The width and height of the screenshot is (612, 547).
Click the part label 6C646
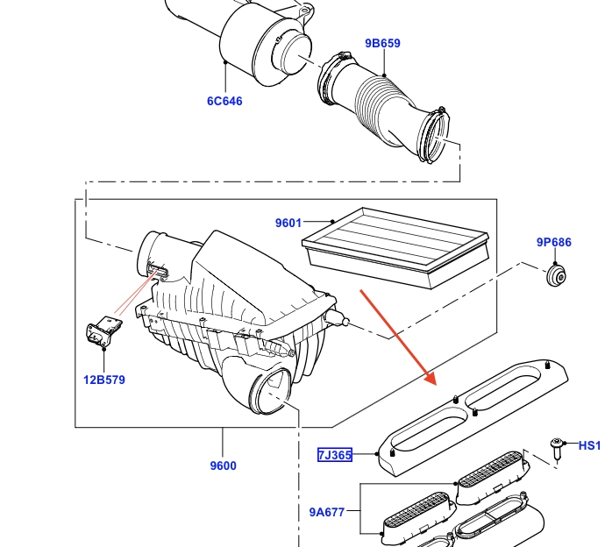[x=224, y=101]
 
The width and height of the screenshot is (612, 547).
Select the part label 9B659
[x=382, y=42]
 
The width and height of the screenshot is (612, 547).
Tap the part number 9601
[x=288, y=223]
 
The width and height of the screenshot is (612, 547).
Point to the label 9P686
[x=554, y=242]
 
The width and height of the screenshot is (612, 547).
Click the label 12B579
[x=104, y=380]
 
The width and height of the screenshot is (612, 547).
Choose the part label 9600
[x=224, y=465]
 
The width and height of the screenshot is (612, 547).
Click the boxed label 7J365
[x=335, y=455]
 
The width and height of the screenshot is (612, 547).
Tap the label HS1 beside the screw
[x=590, y=446]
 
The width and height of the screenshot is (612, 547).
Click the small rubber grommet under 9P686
[x=554, y=277]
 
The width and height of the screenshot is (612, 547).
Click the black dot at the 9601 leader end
[x=333, y=222]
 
